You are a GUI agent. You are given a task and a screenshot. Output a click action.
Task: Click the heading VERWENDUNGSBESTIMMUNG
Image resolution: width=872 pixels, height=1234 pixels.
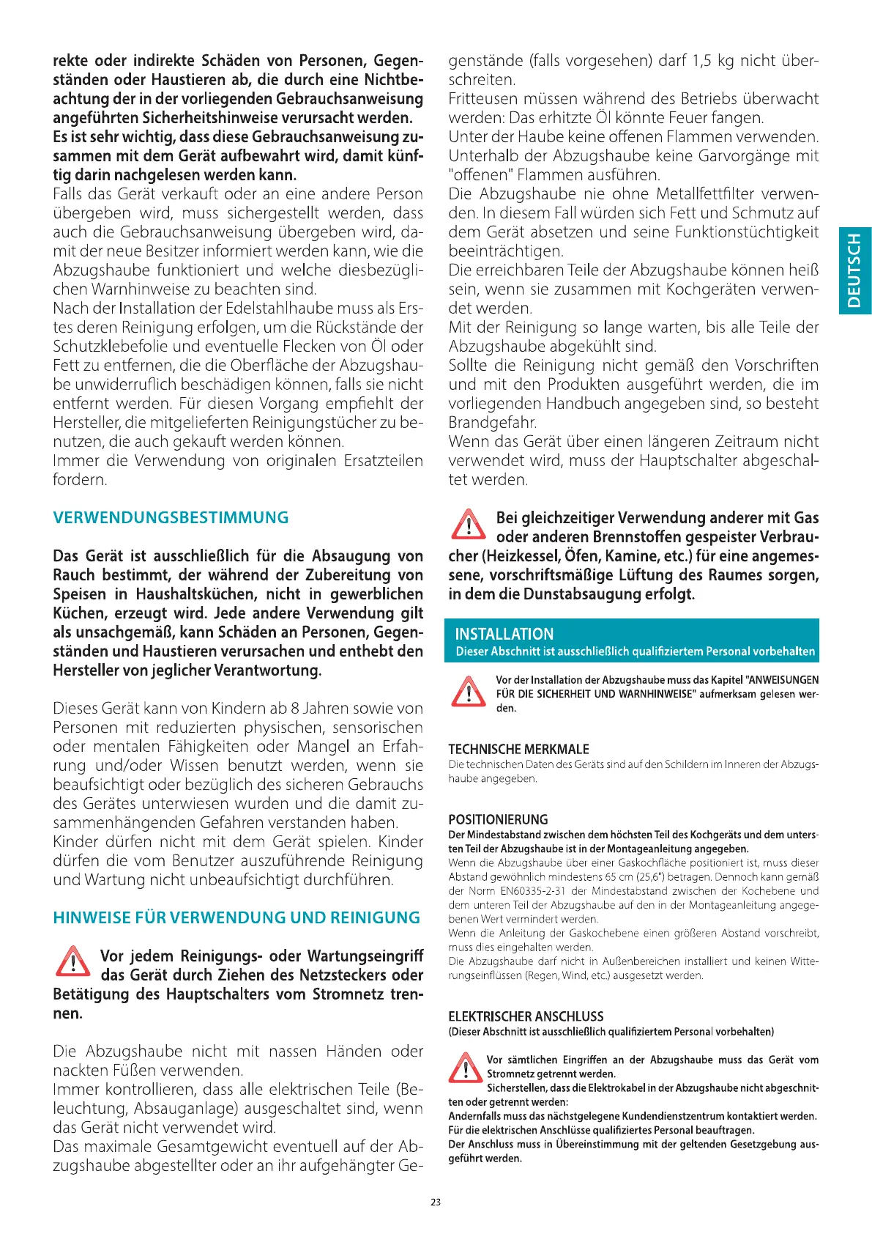[171, 518]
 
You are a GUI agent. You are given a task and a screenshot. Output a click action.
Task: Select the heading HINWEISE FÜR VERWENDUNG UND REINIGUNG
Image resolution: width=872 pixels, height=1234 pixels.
[236, 918]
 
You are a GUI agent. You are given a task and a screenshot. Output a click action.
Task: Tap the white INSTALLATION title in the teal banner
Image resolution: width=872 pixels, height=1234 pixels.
[504, 634]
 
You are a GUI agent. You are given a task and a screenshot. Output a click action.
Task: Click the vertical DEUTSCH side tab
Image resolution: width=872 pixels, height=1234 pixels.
[854, 270]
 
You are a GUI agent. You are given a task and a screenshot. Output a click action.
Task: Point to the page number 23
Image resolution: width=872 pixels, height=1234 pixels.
[436, 1202]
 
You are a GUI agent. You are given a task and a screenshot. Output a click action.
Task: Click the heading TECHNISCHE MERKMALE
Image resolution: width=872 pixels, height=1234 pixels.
[518, 749]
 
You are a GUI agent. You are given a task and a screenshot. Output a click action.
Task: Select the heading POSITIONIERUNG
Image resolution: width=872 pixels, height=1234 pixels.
[498, 819]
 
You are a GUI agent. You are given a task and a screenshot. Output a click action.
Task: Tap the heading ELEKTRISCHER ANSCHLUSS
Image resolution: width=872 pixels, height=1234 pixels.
[526, 1016]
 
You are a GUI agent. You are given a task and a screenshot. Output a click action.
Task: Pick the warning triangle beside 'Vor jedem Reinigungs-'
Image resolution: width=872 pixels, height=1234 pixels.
[73, 962]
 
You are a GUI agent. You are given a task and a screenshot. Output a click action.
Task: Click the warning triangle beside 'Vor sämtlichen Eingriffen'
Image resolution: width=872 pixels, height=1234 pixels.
[465, 1068]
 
